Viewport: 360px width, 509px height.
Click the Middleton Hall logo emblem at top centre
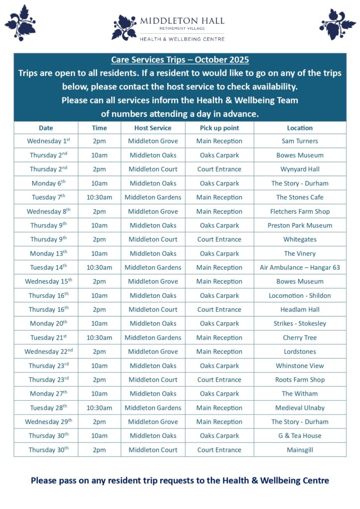pyautogui.click(x=124, y=27)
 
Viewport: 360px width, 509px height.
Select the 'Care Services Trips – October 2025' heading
pyautogui.click(x=180, y=60)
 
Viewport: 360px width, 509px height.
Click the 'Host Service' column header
pyautogui.click(x=153, y=128)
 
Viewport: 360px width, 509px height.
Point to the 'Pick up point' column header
pyautogui.click(x=219, y=128)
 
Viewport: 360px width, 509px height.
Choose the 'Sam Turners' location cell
pyautogui.click(x=300, y=141)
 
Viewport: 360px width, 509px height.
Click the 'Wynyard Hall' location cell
pyautogui.click(x=300, y=169)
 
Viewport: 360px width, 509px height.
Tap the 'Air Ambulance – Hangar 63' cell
pyautogui.click(x=300, y=267)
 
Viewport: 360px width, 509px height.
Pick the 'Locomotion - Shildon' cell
pyautogui.click(x=300, y=295)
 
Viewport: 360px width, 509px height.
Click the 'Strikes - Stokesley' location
pyautogui.click(x=300, y=324)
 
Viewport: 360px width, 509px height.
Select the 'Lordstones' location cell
pyautogui.click(x=300, y=351)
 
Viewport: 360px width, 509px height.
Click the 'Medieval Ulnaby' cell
pyautogui.click(x=300, y=408)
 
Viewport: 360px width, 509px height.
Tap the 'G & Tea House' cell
pyautogui.click(x=300, y=436)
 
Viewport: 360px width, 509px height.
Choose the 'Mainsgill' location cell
pyautogui.click(x=300, y=450)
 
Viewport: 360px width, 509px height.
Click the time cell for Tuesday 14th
pyautogui.click(x=99, y=267)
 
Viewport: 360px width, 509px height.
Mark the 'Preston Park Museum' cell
pyautogui.click(x=300, y=225)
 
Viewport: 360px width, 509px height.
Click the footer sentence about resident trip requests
pyautogui.click(x=180, y=481)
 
